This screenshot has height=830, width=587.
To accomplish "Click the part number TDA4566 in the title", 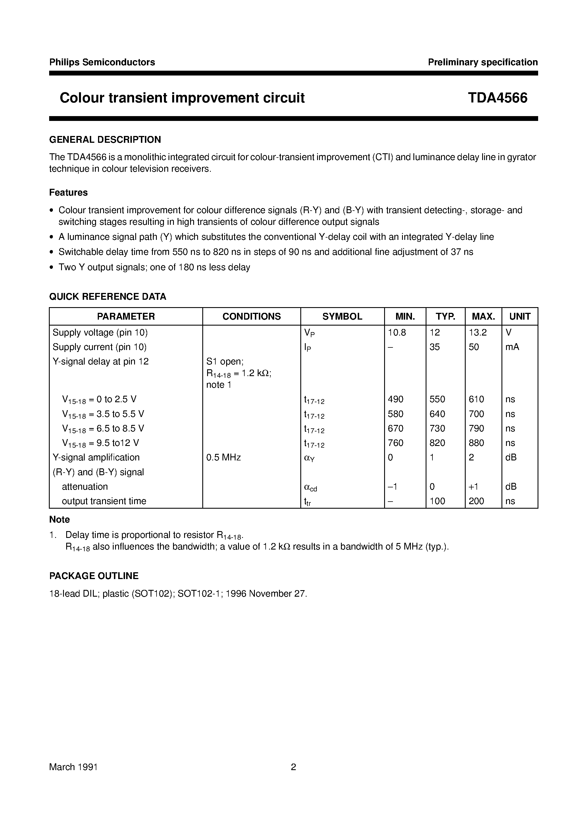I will coord(497,98).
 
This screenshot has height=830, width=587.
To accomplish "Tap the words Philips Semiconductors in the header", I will coord(102,62).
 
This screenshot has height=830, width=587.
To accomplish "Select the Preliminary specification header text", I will coord(482,62).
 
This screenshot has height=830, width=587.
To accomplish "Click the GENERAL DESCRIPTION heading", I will coord(105,140).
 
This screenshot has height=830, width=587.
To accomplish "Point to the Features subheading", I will coord(68,192).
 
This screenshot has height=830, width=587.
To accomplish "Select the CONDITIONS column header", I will coord(251,316).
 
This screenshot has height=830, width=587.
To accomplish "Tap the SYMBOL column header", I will coord(342,316).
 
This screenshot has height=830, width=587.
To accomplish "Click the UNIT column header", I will coord(520,316).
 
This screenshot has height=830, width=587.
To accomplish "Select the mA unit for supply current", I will coord(512,347).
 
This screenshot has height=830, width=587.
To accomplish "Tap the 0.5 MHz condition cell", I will coord(223,457).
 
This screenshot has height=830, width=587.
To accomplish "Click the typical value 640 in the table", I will coord(437,414).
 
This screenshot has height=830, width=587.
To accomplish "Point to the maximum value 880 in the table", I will coord(476,443).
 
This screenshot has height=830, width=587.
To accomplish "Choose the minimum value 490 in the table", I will coord(396,399).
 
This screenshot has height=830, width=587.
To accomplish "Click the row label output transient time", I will coord(104,501).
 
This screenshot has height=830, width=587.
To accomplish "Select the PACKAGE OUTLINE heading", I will coord(94,576).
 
